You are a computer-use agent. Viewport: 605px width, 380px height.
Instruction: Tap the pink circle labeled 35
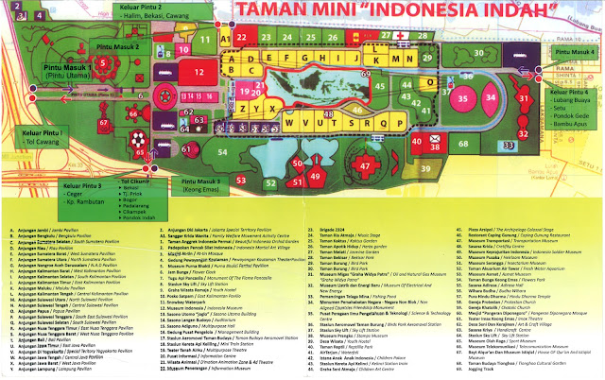[x=463, y=97]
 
